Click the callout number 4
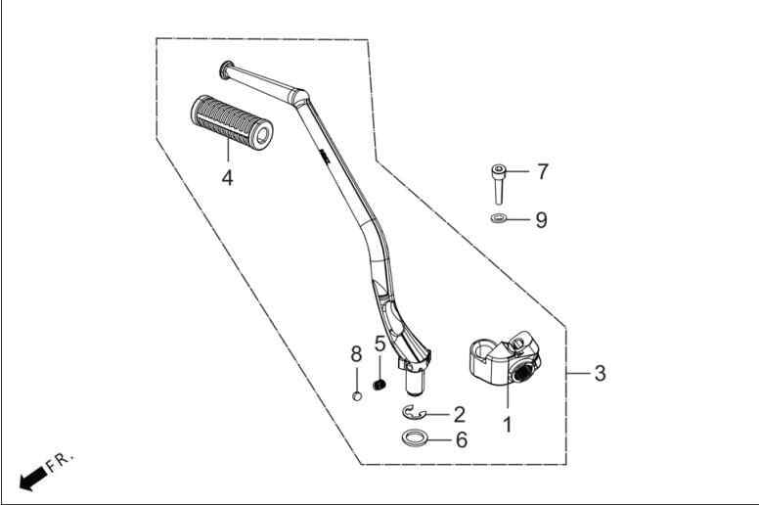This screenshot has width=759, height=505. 227,178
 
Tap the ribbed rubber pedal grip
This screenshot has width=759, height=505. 232,122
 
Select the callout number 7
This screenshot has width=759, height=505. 543,171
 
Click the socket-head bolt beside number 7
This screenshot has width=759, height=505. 498,184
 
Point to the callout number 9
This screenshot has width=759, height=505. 542,220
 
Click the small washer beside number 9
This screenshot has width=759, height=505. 498,219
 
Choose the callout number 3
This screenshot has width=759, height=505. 600,373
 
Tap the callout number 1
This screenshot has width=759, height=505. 508,425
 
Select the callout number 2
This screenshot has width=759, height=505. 460,414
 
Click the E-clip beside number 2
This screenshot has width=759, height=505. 413,413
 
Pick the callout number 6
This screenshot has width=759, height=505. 462,440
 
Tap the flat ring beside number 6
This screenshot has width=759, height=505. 415,438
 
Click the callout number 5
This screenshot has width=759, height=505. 379,344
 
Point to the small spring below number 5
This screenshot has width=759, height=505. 379,385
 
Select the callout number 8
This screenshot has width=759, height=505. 356,354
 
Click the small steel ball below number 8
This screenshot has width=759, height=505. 357,395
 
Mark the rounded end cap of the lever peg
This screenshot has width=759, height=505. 225,69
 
